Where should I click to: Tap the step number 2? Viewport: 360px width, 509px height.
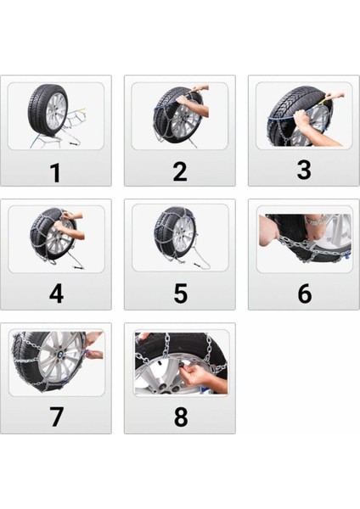(x=179, y=171)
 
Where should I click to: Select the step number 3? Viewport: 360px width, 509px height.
(x=303, y=171)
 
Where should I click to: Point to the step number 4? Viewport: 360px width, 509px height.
(x=55, y=294)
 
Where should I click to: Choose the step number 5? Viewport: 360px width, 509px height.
(x=179, y=294)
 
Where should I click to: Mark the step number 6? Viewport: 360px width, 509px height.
(x=303, y=294)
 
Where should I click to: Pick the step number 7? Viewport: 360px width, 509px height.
(x=55, y=417)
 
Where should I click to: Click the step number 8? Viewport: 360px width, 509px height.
(x=179, y=417)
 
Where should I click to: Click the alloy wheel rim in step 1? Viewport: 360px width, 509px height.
(x=55, y=116)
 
